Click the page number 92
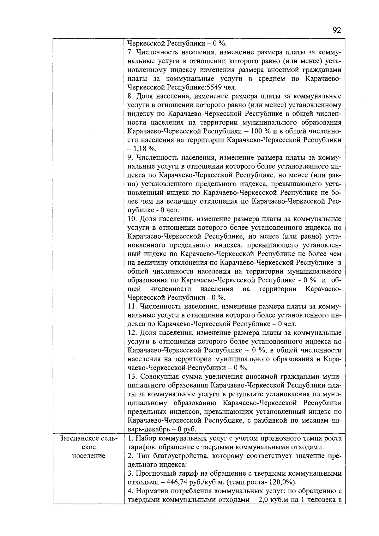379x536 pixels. [337, 30]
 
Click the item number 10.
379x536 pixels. [132, 219]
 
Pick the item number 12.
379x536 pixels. [132, 333]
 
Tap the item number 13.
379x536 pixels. [132, 377]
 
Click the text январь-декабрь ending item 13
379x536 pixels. [148, 429]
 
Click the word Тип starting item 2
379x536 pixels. [142, 456]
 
